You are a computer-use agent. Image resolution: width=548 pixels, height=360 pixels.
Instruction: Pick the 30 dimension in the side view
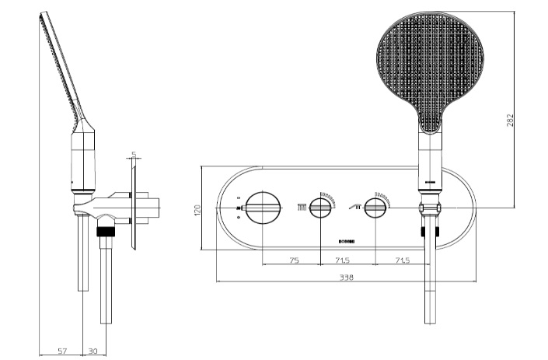tap(92, 351)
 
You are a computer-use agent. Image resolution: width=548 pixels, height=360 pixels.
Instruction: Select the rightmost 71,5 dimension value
tap(402, 260)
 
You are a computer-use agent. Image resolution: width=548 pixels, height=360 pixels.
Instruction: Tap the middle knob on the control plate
tap(319, 208)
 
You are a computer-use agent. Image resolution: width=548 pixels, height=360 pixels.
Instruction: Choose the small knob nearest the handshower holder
tap(375, 208)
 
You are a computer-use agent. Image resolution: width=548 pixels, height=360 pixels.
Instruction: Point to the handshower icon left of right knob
tap(357, 205)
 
